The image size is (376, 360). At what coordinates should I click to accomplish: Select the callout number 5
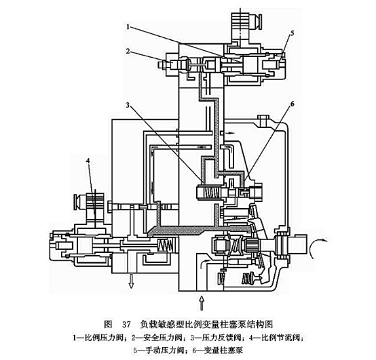(292, 32)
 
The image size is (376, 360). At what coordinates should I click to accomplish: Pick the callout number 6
(292, 104)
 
